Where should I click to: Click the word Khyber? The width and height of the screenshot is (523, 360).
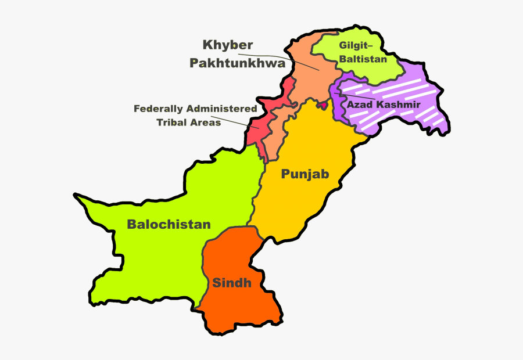tap(228, 45)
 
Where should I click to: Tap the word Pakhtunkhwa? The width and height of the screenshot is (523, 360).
tap(238, 63)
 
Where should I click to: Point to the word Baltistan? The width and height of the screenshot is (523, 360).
tap(364, 59)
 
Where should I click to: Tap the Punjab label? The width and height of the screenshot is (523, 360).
tap(305, 174)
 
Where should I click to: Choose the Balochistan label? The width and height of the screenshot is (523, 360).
tap(169, 224)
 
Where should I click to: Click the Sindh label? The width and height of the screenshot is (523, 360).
tap(232, 283)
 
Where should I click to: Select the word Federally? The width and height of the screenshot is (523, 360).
tap(159, 109)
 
